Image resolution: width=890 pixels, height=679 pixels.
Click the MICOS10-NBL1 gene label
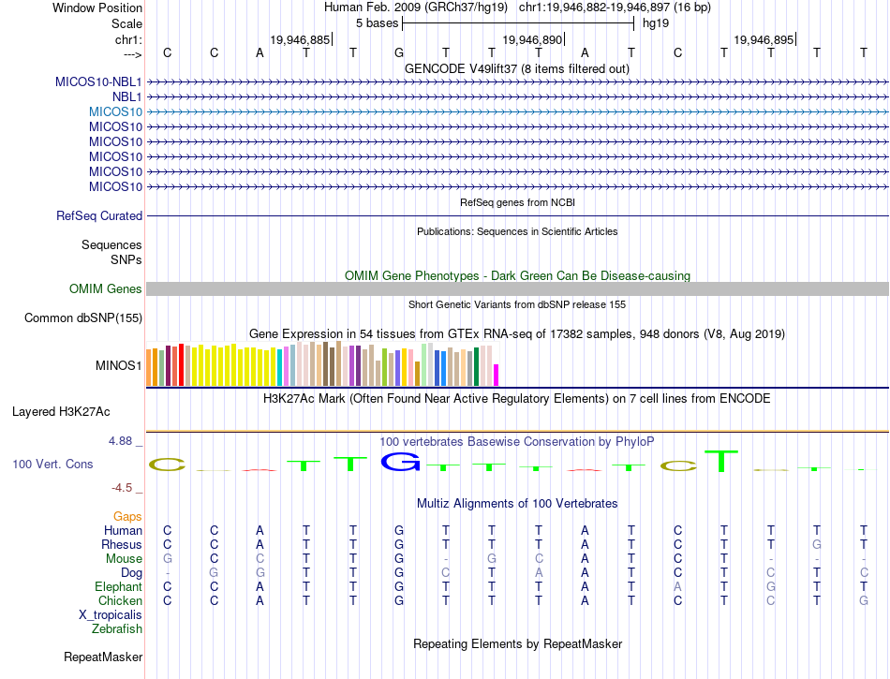[98, 81]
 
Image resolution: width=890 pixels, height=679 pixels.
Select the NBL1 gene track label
[127, 96]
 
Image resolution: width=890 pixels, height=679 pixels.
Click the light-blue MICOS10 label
[116, 111]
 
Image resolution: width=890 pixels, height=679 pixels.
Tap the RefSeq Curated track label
[99, 216]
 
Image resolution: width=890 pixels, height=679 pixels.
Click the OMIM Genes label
[106, 289]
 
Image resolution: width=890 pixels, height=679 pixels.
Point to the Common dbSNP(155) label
[83, 318]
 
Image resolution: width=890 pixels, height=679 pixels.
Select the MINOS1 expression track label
[119, 365]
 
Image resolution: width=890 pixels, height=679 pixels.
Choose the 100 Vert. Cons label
[52, 465]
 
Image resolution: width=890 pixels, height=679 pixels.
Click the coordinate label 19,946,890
[533, 40]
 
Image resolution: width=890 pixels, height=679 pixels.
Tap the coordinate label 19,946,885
[300, 40]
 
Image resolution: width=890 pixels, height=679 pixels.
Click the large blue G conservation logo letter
[400, 461]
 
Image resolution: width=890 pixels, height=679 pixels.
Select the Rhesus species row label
[122, 545]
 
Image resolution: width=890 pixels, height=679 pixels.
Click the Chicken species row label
[121, 601]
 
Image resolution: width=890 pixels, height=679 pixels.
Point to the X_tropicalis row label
[111, 615]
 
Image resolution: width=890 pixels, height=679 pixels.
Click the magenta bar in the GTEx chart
[497, 375]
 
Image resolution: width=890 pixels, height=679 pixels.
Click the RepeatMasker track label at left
[103, 657]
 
